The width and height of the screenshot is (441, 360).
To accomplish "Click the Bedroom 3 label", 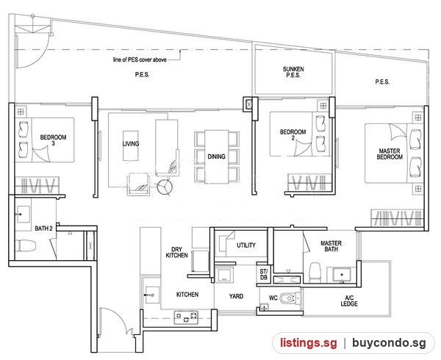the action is pos(53,140).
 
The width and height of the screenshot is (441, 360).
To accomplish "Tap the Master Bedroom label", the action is pos(390,154).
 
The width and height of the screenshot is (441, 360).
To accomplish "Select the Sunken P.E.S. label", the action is pos(293,72).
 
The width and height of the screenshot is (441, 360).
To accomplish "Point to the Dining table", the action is pos(216,156).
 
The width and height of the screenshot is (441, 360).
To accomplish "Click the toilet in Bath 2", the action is pos(26,246).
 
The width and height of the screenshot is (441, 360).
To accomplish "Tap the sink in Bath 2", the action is pos(23,215).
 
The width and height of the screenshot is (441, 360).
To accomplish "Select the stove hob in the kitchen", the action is pos(186,317).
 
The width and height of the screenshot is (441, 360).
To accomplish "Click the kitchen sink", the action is pos(152,295).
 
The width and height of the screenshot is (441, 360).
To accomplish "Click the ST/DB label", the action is pos(264,274).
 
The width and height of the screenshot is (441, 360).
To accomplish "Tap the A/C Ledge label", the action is pos(349,300).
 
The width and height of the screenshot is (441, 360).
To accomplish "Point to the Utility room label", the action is pos(246,245).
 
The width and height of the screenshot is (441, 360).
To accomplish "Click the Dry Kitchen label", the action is pos(176,252).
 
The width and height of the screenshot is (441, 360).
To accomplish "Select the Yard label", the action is pos(236,296).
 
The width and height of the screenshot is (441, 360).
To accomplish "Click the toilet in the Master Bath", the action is pos(315,272).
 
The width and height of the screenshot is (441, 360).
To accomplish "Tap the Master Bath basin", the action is pos(342,275).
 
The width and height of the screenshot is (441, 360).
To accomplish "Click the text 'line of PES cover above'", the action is pos(140,60).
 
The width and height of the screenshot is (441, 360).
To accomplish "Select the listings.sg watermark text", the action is pos(308,343).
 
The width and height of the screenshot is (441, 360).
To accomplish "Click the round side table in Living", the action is pos(165,187).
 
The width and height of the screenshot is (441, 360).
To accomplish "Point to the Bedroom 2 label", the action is pos(293,134).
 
